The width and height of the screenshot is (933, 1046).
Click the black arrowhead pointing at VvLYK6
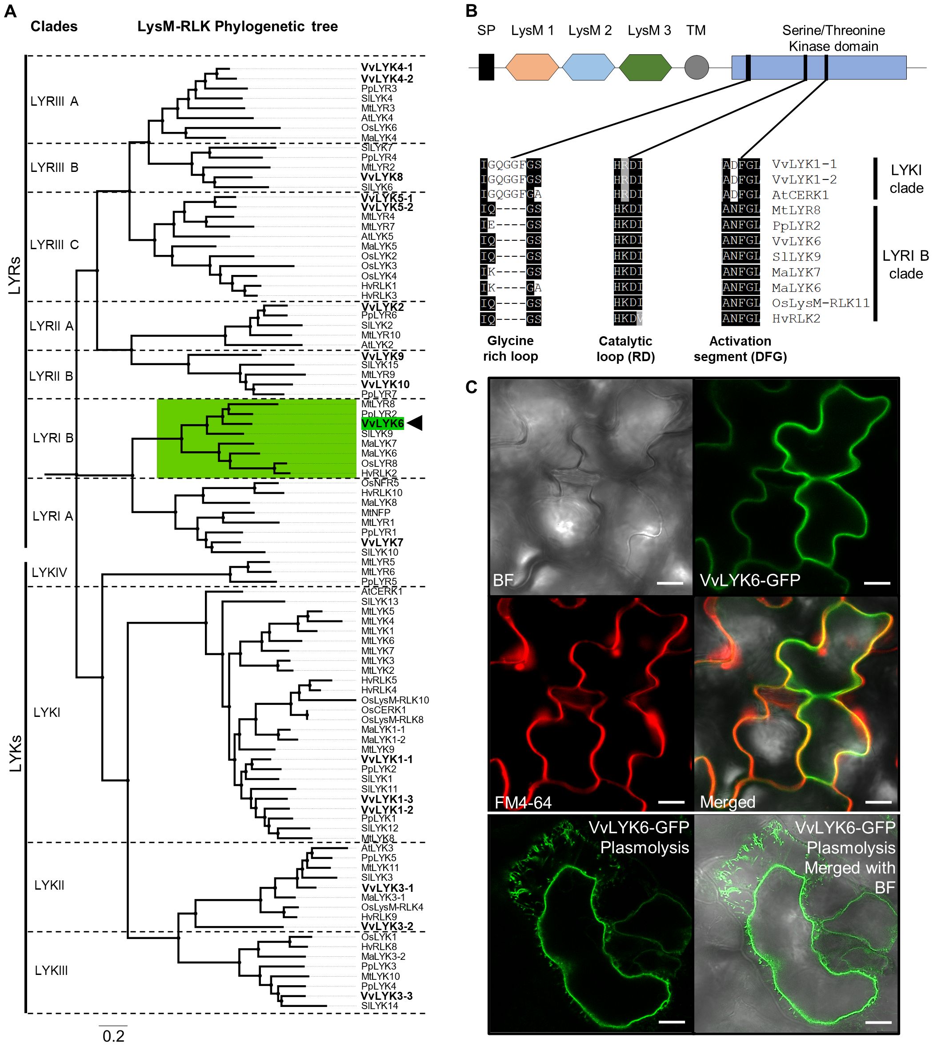(415, 423)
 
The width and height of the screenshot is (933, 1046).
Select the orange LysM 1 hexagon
(532, 67)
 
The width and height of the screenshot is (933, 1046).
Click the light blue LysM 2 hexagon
(588, 67)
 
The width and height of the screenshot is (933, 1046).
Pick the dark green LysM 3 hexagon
(645, 67)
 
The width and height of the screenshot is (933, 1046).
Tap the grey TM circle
(697, 67)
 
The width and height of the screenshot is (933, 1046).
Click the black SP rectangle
(486, 67)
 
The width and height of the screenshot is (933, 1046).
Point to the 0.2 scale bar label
(113, 1036)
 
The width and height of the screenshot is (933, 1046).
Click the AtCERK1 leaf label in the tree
(382, 591)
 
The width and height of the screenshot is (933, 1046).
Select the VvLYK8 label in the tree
(382, 177)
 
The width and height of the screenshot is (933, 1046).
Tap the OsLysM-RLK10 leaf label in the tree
(395, 700)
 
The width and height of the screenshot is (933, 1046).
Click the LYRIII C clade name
(54, 245)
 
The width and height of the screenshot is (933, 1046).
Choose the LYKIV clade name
(49, 572)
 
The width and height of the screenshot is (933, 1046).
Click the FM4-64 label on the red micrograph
(523, 802)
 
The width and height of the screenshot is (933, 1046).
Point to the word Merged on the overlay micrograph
(728, 802)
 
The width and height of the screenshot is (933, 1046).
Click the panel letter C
(472, 387)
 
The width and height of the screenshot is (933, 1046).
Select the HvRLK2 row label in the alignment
(796, 318)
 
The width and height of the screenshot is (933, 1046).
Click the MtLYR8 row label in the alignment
(796, 210)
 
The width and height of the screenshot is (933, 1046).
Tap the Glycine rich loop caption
(510, 348)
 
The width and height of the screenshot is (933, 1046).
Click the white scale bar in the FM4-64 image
(671, 802)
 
